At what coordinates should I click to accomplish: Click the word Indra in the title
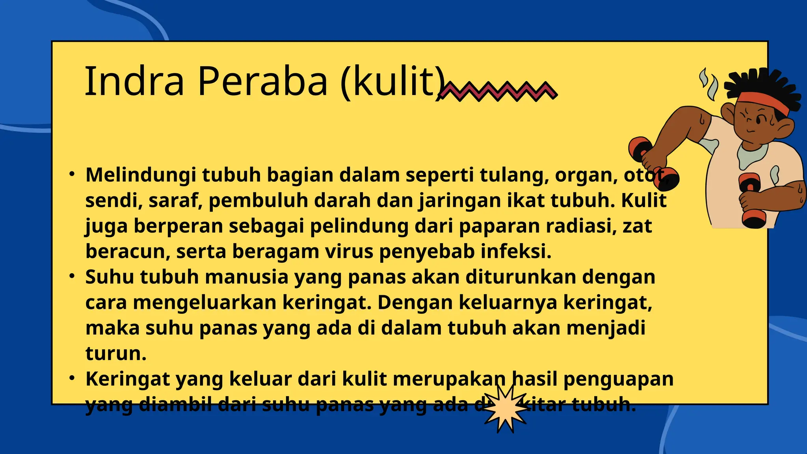134,81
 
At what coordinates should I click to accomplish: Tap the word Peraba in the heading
262,81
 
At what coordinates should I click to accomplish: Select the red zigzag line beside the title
498,91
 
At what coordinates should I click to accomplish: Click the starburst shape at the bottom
505,408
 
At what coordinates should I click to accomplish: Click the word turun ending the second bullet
116,354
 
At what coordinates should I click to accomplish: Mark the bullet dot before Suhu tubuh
72,276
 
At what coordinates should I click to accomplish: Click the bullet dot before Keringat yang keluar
72,378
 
